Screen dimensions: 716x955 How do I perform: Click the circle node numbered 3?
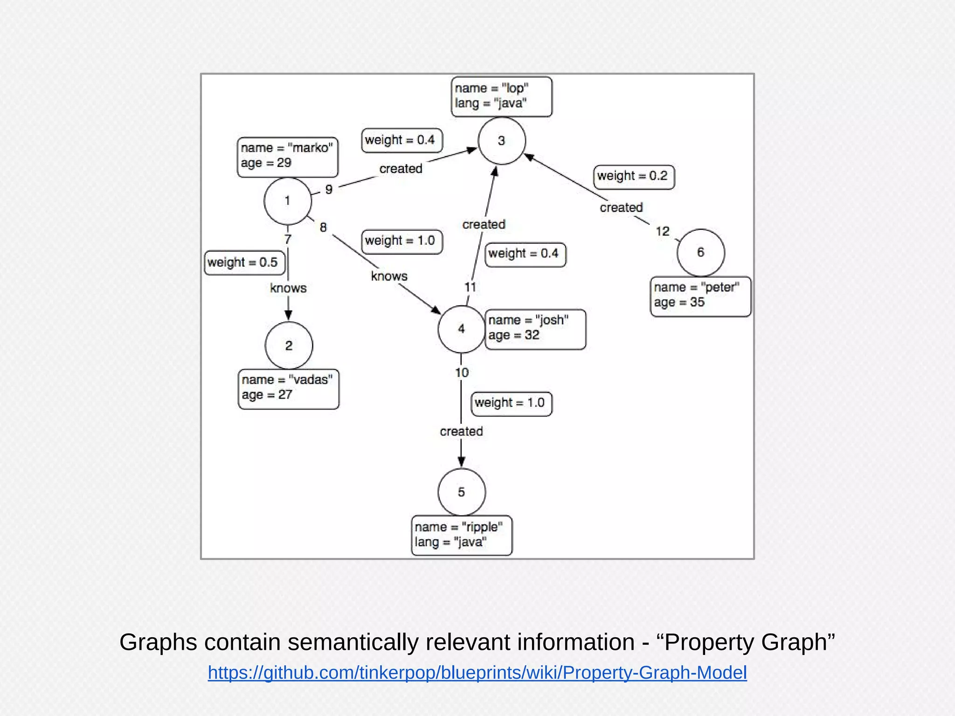click(502, 141)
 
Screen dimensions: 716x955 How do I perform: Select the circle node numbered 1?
click(288, 201)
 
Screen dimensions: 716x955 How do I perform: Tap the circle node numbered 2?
click(289, 345)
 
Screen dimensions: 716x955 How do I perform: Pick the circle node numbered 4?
click(461, 329)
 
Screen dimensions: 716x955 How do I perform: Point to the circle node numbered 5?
click(461, 492)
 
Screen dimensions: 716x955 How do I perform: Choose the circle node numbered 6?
click(700, 252)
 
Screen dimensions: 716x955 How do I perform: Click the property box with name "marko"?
click(287, 157)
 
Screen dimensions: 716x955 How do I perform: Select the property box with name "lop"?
click(501, 97)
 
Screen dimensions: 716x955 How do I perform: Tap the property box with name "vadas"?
click(288, 389)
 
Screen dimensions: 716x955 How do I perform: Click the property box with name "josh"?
click(535, 329)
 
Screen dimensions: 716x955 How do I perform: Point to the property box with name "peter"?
click(700, 296)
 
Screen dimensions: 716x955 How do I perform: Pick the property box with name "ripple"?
click(461, 535)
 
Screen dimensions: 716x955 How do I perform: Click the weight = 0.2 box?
click(634, 177)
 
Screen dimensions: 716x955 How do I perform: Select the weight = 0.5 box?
click(244, 262)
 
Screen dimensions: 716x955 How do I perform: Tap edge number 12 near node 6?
click(662, 231)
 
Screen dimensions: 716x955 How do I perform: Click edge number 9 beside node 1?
click(329, 190)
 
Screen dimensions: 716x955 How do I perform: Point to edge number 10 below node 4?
click(462, 372)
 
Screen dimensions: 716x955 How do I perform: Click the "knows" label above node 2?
click(288, 288)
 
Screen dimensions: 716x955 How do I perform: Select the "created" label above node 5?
click(461, 431)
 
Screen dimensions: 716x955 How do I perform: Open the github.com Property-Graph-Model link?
click(477, 673)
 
